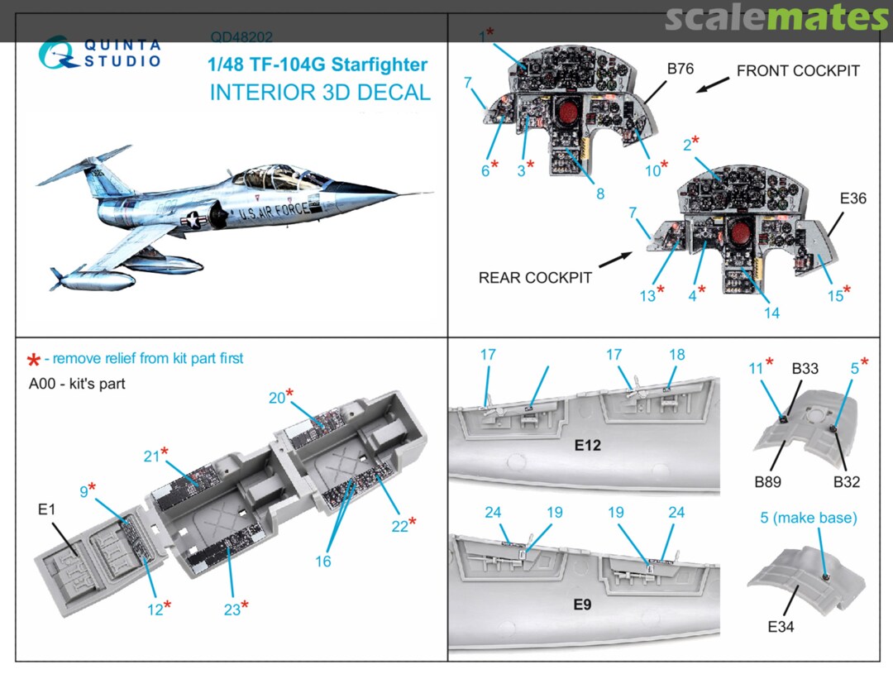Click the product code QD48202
click(x=241, y=37)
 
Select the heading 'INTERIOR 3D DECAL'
click(x=320, y=92)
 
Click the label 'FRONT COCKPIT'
click(x=798, y=70)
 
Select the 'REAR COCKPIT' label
click(x=535, y=278)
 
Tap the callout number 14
click(x=772, y=313)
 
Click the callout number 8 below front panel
click(x=600, y=194)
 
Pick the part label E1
click(x=46, y=509)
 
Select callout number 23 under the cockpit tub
click(x=232, y=609)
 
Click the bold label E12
click(x=587, y=445)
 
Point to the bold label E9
click(x=582, y=604)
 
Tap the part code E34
click(x=780, y=626)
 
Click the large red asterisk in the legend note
click(x=34, y=360)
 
